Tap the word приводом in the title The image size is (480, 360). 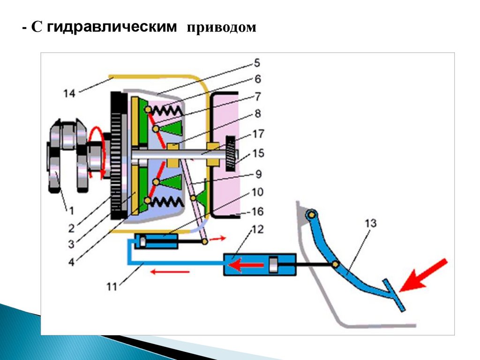(x=222, y=28)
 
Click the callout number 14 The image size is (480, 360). (x=69, y=94)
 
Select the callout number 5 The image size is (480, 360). (x=257, y=62)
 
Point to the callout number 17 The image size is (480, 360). (x=257, y=133)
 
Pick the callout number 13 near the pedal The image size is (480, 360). (x=370, y=224)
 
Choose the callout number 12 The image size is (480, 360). (x=257, y=230)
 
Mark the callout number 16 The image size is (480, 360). (x=257, y=212)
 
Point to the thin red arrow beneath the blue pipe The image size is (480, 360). (x=173, y=271)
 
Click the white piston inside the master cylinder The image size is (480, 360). (x=274, y=265)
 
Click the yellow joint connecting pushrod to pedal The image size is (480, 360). (x=336, y=265)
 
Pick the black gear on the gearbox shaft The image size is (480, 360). (x=231, y=153)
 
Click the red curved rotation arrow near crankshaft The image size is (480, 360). (x=97, y=152)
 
